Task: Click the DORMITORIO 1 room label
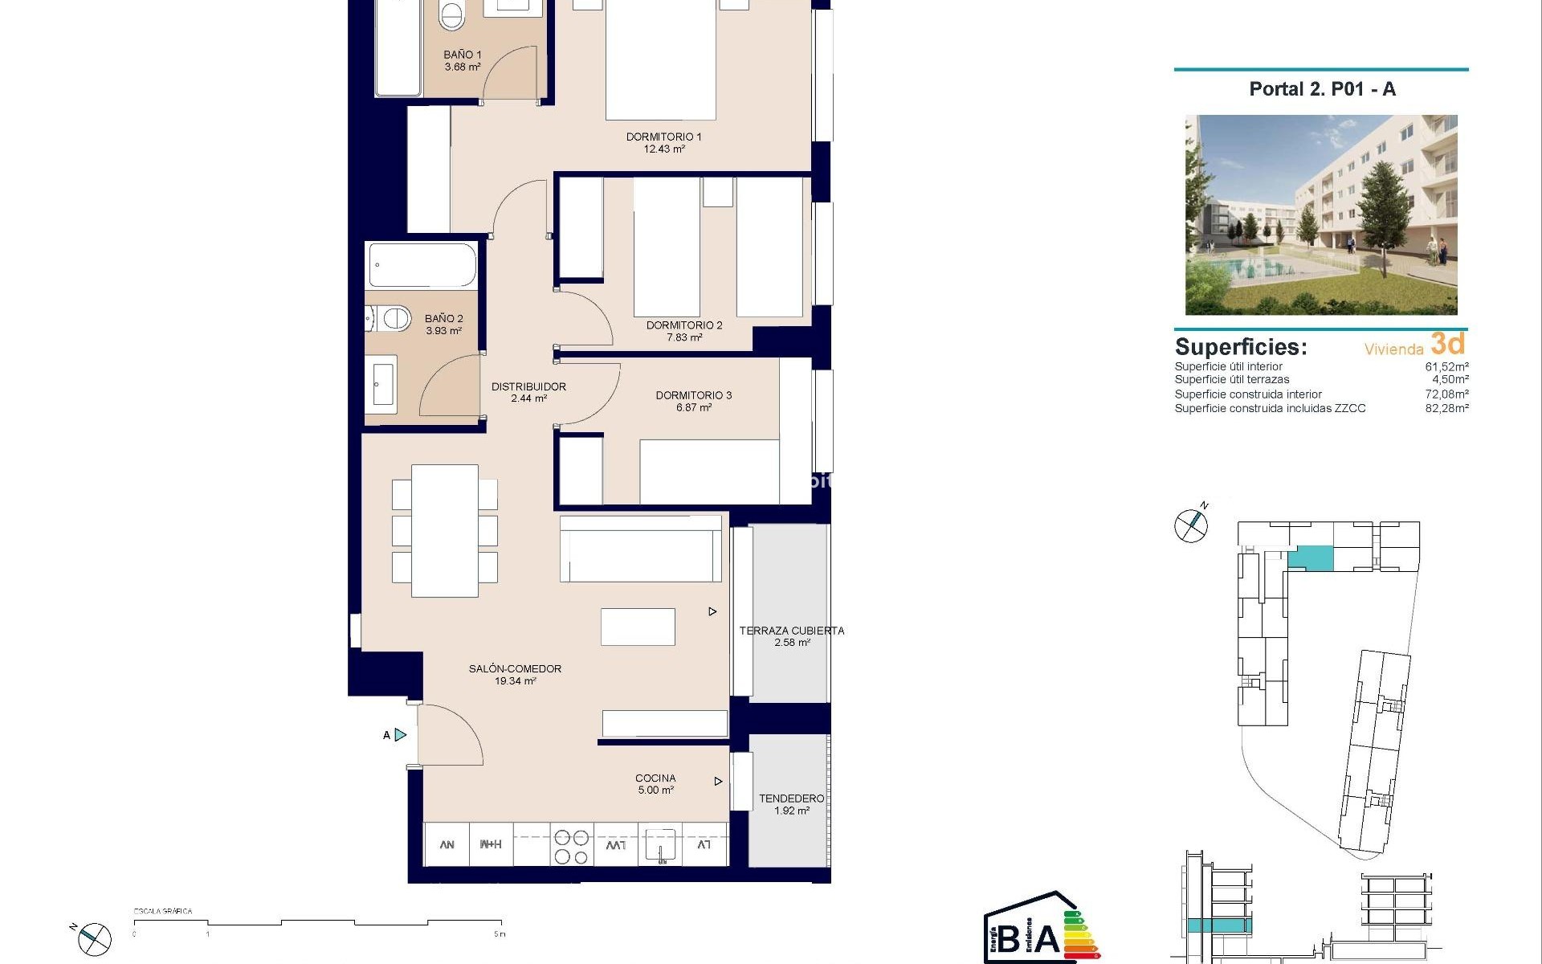(663, 137)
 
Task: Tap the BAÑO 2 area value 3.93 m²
(443, 331)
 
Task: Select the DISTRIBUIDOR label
(528, 386)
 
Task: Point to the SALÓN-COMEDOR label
(515, 668)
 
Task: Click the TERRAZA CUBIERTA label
(791, 631)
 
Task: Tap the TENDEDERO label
(791, 799)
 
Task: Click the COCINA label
(655, 778)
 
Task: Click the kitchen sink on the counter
(660, 846)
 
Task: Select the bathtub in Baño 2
(422, 266)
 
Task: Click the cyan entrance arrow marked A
(401, 735)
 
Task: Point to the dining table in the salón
(444, 531)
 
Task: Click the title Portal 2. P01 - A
(1322, 89)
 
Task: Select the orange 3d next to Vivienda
(1447, 344)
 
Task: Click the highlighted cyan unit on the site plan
(1311, 557)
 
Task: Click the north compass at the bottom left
(94, 938)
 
